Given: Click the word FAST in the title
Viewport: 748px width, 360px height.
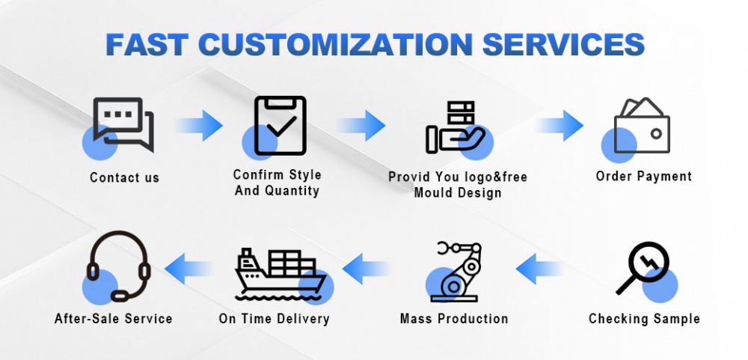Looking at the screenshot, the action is [147, 44].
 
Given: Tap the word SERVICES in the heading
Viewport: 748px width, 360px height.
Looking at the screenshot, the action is [563, 44].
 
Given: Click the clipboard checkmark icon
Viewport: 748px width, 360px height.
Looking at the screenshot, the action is [280, 126].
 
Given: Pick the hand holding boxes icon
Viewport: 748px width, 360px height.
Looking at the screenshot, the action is [456, 127].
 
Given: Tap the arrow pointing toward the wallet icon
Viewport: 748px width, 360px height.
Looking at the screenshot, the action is [560, 126].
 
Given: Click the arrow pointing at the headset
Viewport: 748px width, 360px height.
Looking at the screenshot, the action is [188, 269].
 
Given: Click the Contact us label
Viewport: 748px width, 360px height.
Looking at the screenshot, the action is [124, 177].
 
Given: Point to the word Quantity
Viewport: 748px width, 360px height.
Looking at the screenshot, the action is [292, 191].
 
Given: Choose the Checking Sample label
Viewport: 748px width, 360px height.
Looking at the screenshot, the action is [644, 319].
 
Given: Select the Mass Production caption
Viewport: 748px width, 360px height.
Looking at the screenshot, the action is [454, 319].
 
